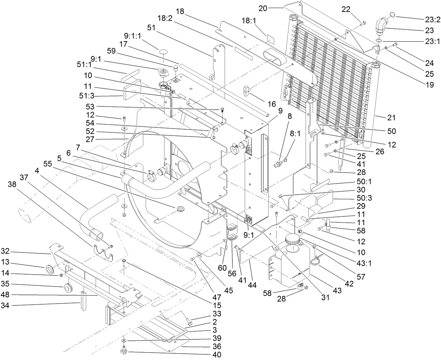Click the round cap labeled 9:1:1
[x=163, y=52]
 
